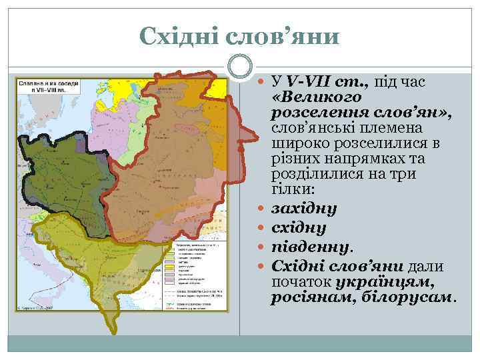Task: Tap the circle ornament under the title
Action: tap(239, 68)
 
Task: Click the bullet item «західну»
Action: tap(304, 208)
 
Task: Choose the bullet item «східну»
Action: tap(299, 228)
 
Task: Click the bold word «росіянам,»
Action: tap(303, 296)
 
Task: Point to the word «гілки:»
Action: tap(291, 189)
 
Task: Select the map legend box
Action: tap(198, 274)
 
